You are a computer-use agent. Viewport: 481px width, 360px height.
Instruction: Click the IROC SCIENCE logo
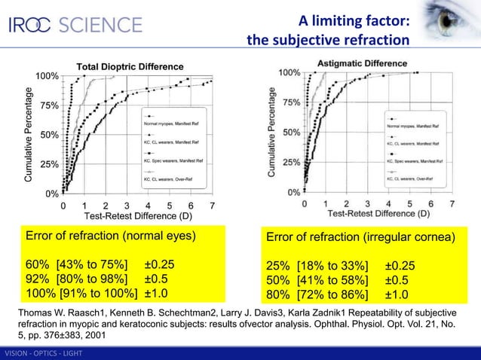[x=75, y=24]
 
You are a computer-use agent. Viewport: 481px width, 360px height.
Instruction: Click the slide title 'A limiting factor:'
[x=354, y=20]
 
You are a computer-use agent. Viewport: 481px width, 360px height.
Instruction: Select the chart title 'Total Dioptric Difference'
[x=130, y=67]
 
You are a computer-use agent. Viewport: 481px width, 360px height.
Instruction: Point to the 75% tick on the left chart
[x=49, y=106]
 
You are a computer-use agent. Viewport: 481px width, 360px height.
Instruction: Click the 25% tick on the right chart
[x=291, y=162]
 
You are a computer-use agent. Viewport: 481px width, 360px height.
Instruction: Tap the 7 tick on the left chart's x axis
[x=213, y=206]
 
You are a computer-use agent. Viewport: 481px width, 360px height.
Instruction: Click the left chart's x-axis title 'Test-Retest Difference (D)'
[x=137, y=216]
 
